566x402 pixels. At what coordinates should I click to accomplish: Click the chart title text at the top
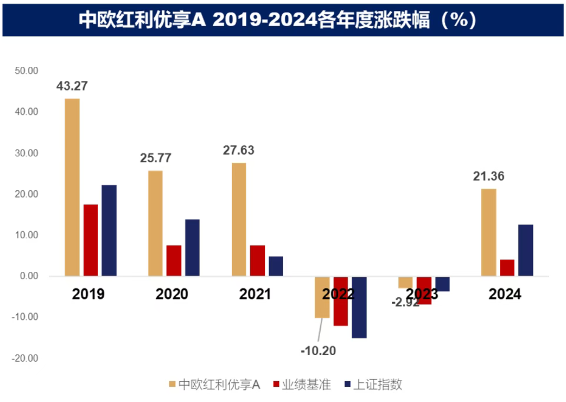click(277, 20)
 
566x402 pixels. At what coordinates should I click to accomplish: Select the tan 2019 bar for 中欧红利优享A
click(72, 188)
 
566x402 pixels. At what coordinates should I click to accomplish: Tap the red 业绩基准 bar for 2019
click(91, 240)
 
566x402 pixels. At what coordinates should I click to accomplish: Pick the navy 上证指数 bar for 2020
click(192, 248)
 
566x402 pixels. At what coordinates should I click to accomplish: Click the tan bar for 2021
click(239, 219)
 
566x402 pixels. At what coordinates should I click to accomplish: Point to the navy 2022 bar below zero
click(359, 307)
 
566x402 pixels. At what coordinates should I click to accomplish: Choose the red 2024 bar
click(507, 268)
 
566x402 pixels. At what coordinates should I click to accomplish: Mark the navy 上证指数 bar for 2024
click(526, 250)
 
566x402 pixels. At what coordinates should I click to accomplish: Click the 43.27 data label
click(72, 86)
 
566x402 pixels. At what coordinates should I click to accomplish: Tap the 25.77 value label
click(156, 158)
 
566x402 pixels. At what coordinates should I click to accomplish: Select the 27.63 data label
click(238, 150)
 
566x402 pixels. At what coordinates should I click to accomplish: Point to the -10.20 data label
click(318, 350)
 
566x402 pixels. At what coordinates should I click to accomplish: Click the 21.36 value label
click(489, 176)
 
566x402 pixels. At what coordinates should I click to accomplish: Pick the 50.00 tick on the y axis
click(26, 71)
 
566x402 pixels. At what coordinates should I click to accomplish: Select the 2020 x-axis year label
click(172, 294)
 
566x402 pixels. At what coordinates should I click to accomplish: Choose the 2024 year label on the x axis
click(505, 294)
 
